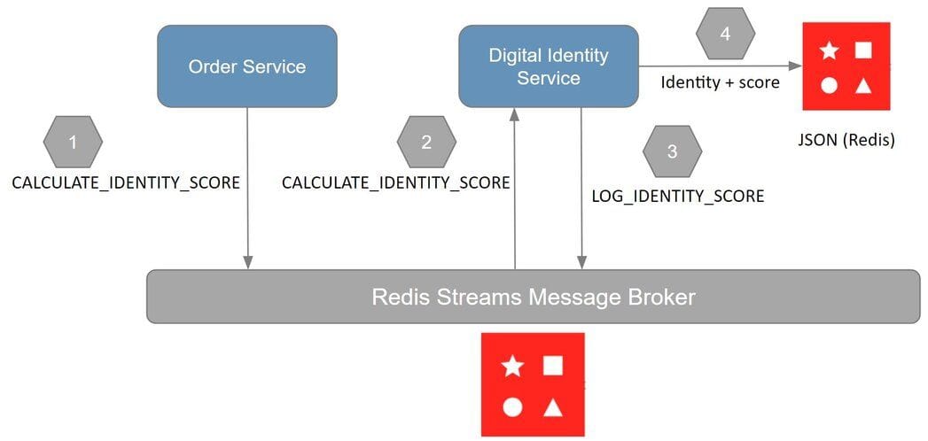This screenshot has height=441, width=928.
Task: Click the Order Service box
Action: (247, 66)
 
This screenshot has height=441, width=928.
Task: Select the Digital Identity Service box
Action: (548, 66)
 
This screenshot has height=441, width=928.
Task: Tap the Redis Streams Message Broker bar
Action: (533, 297)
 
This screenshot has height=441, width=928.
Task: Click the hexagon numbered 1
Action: (73, 142)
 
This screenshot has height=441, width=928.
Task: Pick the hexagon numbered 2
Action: (426, 142)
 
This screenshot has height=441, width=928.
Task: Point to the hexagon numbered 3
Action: (672, 151)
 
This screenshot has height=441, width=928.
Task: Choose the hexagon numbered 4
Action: (725, 35)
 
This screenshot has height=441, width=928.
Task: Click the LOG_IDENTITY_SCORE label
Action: (677, 196)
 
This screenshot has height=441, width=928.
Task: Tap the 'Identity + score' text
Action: (720, 82)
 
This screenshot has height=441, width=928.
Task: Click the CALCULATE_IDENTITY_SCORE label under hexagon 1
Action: (125, 183)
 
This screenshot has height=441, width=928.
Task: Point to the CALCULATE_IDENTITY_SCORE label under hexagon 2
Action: (395, 183)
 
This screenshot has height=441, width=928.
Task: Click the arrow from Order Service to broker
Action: (247, 221)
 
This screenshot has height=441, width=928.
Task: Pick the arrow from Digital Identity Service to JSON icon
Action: (718, 66)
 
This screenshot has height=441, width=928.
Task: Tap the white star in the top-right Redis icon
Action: (829, 50)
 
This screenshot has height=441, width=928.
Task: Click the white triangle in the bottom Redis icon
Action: (553, 407)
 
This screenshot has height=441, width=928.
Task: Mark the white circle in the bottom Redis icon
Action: (512, 407)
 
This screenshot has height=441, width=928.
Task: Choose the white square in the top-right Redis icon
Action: (862, 50)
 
